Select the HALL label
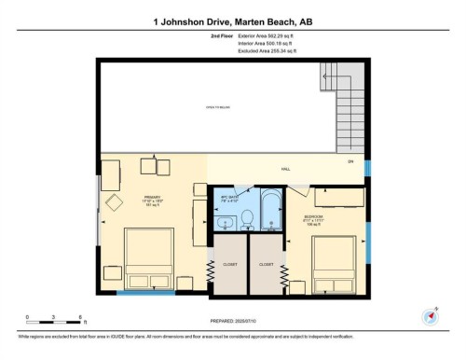tap(286, 169)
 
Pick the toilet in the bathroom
tap(247, 219)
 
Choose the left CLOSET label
tap(228, 263)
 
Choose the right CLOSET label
tap(266, 263)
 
